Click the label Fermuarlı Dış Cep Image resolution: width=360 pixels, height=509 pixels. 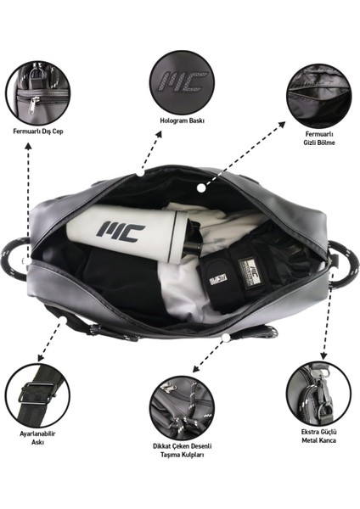(x=37, y=131)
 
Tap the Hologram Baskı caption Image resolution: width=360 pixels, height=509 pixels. (x=183, y=120)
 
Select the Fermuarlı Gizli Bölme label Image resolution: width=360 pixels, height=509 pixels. (x=318, y=138)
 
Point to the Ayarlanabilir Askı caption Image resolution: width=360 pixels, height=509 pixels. (x=37, y=438)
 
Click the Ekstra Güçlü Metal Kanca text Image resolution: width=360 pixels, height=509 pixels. (x=318, y=436)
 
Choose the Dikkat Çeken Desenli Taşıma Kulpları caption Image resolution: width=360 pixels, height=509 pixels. (x=183, y=450)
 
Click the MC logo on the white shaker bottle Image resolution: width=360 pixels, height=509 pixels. (x=121, y=230)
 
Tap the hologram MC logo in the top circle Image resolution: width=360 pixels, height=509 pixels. (x=183, y=81)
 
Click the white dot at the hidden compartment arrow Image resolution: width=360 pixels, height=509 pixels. (x=201, y=187)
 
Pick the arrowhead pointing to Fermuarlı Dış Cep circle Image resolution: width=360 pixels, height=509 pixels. (x=29, y=146)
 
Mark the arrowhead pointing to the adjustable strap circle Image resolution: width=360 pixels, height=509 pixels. (x=41, y=357)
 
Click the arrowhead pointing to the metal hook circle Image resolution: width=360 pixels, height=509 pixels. (x=323, y=355)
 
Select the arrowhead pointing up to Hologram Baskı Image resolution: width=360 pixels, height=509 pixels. (x=158, y=135)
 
